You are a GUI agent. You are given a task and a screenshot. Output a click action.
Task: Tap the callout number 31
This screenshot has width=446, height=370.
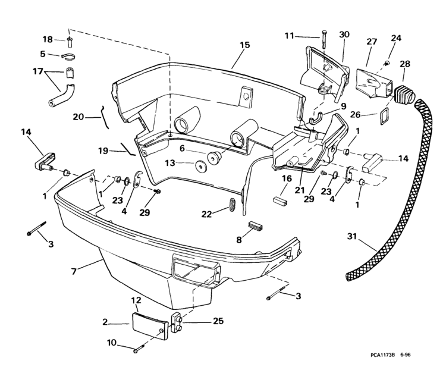352,237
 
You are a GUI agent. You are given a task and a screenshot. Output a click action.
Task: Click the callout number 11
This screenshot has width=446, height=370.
288,36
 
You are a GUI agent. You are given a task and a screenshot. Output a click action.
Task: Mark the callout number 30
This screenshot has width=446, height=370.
344,36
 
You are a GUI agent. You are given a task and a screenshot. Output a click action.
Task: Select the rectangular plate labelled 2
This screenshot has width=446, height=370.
147,326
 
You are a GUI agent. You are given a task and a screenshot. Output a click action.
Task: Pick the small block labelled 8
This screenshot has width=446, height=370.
255,227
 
